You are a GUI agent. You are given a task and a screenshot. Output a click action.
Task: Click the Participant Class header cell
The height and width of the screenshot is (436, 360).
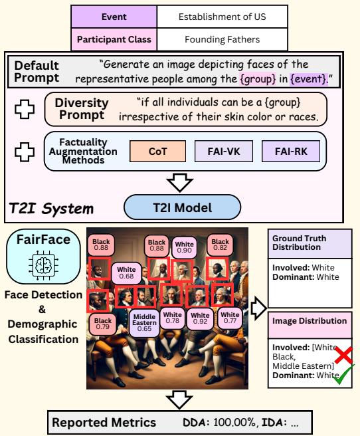point(114,39)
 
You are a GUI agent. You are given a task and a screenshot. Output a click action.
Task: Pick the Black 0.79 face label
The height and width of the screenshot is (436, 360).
point(103,324)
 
